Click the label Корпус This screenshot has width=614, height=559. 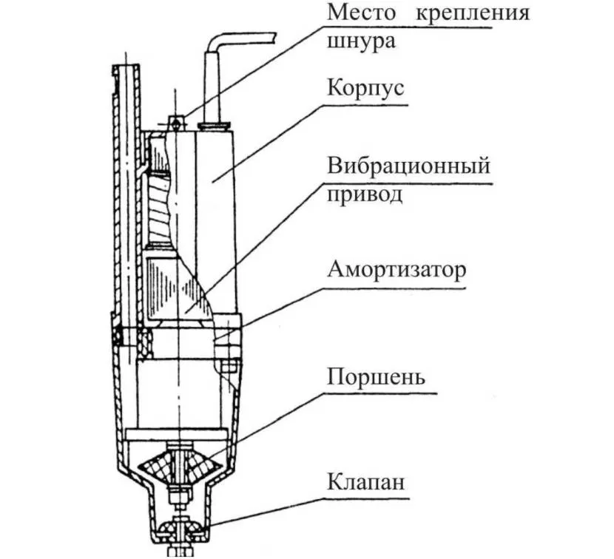(x=366, y=89)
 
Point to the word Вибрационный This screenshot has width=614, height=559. (x=408, y=165)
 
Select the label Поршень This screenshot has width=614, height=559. (x=376, y=376)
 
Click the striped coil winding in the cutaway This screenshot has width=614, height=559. (x=161, y=207)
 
